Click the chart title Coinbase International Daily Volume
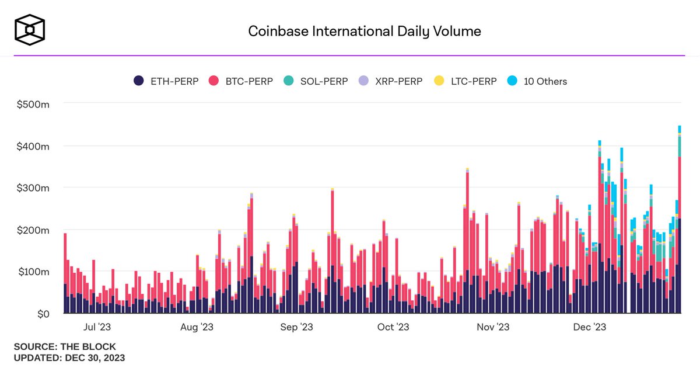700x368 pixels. point(365,31)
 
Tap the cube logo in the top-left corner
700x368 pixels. point(30,30)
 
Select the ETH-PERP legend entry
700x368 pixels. point(166,81)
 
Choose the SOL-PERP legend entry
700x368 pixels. point(315,81)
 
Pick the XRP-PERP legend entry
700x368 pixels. point(390,81)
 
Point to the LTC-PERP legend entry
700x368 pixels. point(465,81)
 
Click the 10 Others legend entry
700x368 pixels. point(537,81)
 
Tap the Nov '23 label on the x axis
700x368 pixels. point(494,328)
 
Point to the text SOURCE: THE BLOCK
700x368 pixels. point(65,346)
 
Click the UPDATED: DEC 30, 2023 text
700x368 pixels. point(69,357)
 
